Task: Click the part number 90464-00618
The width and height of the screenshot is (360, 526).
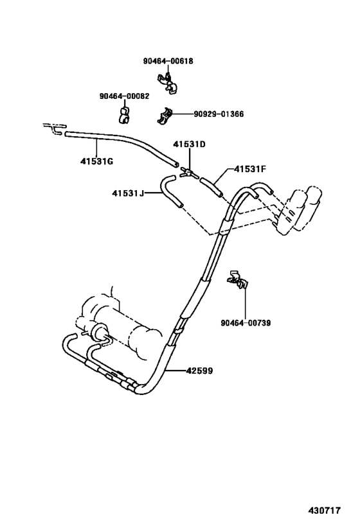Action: (x=168, y=61)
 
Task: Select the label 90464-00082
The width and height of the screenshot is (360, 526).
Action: (x=124, y=96)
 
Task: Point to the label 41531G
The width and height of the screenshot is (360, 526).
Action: (x=96, y=161)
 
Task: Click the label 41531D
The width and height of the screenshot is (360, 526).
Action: (x=189, y=144)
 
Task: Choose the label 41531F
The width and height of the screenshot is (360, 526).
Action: (x=249, y=170)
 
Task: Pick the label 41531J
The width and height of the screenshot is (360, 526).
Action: (x=128, y=193)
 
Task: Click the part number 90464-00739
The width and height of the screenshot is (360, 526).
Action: (x=244, y=322)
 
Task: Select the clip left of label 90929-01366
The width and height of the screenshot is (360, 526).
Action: (x=166, y=115)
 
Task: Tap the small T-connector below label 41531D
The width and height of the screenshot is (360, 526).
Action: (x=187, y=171)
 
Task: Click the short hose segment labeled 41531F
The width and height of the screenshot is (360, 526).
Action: (x=211, y=188)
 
